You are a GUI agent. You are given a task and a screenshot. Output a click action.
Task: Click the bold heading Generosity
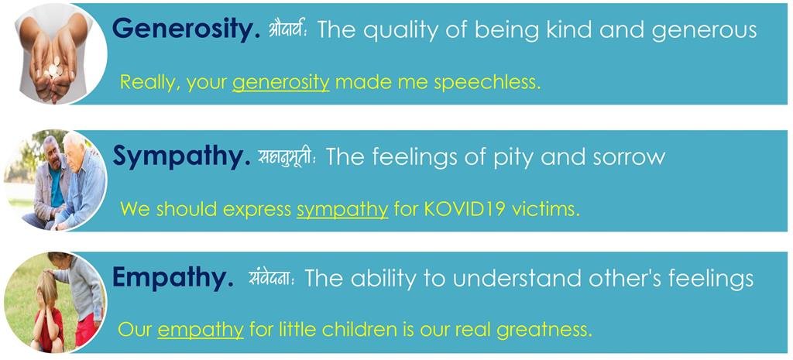tap(186, 29)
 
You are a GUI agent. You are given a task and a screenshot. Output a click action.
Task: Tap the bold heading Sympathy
tap(181, 156)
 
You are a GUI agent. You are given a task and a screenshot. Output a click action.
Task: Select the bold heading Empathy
tap(173, 278)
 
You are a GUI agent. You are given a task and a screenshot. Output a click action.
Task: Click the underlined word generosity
tap(280, 82)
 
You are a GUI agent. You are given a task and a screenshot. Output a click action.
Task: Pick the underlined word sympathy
tap(342, 209)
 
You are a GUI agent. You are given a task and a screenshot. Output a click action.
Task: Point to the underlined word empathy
tap(201, 330)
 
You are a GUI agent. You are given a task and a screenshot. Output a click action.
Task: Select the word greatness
tap(544, 330)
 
